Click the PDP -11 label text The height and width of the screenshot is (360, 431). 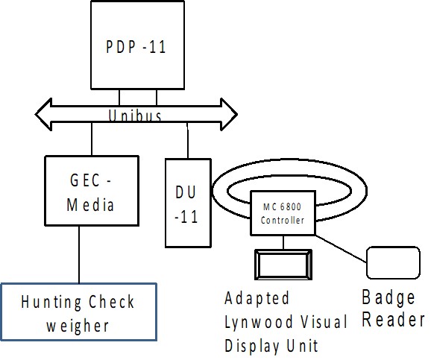[136, 47]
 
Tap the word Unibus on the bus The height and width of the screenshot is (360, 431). [135, 116]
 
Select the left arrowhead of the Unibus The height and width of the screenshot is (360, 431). [44, 114]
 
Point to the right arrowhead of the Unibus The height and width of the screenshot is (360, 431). [229, 114]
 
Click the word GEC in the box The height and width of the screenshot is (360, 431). [85, 180]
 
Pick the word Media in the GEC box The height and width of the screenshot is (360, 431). [90, 205]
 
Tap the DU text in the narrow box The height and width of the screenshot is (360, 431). [186, 192]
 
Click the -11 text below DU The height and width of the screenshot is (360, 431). [186, 217]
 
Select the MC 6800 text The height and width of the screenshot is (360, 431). [283, 206]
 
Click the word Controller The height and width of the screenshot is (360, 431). [283, 220]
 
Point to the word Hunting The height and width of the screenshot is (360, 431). [51, 302]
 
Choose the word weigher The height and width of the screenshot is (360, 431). [78, 326]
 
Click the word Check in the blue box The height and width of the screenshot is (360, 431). [111, 301]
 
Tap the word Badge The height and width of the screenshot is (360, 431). [388, 297]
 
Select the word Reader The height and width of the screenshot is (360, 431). [393, 320]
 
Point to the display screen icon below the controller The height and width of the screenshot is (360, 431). [283, 265]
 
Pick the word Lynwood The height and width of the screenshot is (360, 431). [259, 322]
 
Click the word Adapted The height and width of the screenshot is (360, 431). [257, 298]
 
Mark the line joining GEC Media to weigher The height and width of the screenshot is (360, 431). [79, 254]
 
